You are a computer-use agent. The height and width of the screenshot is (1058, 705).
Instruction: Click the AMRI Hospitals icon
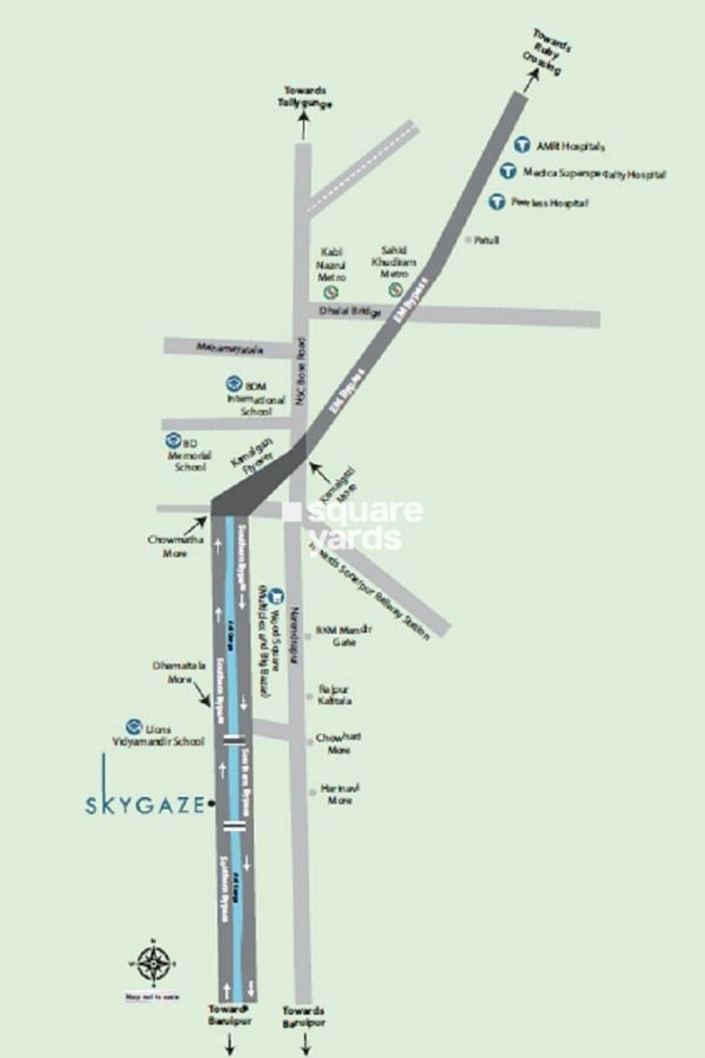coord(524,146)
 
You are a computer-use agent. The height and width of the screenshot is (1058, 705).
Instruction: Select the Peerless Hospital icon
coord(498,201)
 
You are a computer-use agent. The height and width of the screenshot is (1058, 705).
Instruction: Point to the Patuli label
coord(486,240)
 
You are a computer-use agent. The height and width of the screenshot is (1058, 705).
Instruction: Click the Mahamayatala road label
coord(230,348)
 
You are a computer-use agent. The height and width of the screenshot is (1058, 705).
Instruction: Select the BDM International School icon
coord(233,383)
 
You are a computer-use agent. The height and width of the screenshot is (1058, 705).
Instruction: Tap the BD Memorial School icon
coord(174,441)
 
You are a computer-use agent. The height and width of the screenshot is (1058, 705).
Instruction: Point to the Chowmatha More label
coord(168,546)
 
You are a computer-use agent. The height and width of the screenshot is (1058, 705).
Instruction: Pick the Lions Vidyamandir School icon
coord(134,726)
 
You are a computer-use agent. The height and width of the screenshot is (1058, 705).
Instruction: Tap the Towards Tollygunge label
coord(304,96)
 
